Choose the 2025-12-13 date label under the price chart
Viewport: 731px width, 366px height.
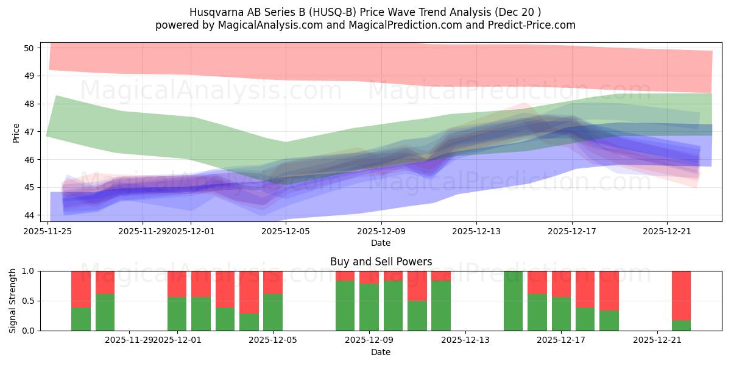[x=476, y=231]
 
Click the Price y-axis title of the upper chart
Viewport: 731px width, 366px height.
[x=16, y=132]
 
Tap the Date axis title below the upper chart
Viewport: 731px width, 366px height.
[x=381, y=243]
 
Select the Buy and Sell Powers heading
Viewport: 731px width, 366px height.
[x=381, y=262]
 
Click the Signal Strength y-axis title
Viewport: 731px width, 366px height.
[x=13, y=301]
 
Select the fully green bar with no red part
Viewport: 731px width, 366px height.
[x=513, y=301]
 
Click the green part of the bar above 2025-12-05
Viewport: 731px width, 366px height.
[x=273, y=312]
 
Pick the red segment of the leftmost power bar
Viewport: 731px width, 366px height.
[x=81, y=289]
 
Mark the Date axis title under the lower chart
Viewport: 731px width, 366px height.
[x=381, y=352]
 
